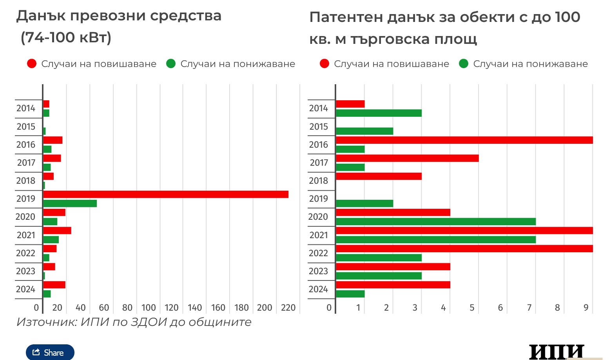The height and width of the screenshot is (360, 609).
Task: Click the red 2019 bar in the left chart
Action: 165,194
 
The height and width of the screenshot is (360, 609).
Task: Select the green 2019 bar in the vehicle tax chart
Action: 70,203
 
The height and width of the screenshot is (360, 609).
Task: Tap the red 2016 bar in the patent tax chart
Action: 464,140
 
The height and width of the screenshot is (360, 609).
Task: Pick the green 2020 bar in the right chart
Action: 435,221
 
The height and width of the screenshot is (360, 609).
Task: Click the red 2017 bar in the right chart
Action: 407,158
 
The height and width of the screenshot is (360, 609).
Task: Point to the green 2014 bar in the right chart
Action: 379,113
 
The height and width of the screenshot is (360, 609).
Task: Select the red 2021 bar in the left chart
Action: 57,230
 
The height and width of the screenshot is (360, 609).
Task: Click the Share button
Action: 50,352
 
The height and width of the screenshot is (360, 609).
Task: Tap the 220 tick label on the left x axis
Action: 288,308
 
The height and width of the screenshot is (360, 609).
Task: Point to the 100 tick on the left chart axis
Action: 149,308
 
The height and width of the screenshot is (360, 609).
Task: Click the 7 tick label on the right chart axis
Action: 529,308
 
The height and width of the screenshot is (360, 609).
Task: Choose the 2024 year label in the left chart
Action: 26,289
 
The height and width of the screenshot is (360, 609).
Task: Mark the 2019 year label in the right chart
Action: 318,199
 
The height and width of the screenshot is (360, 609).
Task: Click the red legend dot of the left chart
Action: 32,64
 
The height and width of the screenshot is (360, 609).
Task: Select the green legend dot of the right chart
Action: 464,64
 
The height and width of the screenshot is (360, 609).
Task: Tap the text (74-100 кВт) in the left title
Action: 66,38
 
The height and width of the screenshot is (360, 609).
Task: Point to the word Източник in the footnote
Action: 46,322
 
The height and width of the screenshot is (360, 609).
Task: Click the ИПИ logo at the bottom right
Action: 556,352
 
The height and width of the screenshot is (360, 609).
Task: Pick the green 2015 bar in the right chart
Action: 364,131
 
